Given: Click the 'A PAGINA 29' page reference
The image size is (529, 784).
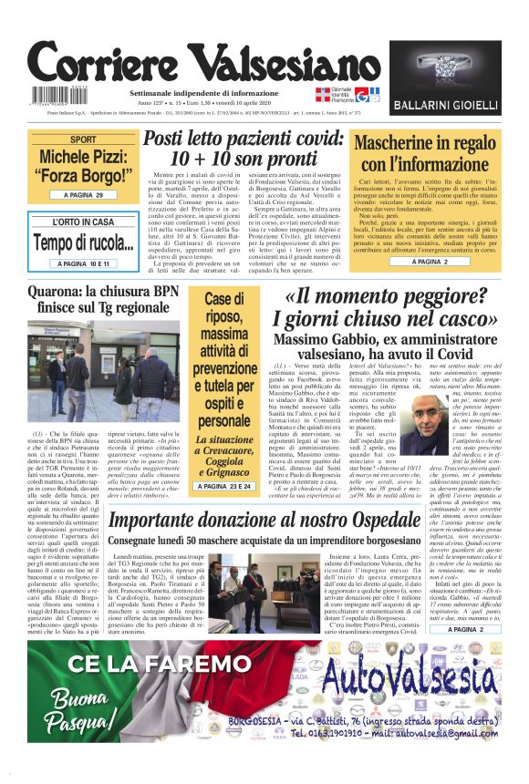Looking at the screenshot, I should [83, 195].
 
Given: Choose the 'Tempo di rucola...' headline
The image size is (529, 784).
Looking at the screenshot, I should [83, 243].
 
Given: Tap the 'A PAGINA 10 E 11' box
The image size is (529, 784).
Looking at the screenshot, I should [83, 263].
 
